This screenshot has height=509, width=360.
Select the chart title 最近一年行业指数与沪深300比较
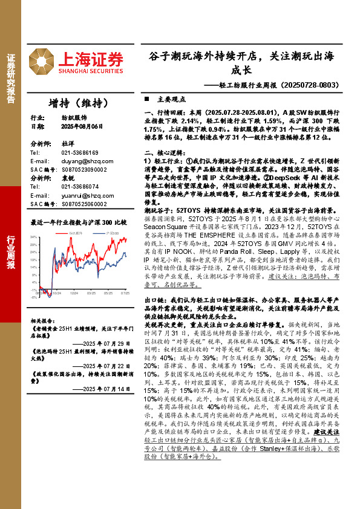tap(78, 222)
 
